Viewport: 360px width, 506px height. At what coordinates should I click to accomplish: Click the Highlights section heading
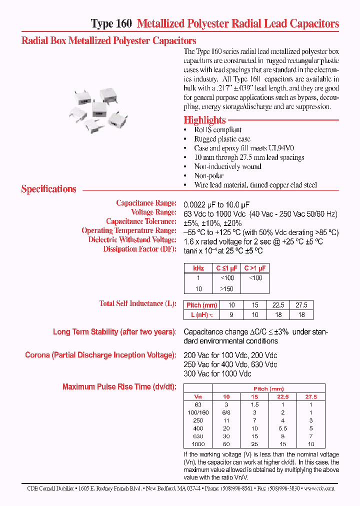click(204, 120)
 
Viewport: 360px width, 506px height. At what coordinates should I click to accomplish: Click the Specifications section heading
click(48, 189)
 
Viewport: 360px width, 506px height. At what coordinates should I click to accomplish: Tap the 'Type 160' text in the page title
click(111, 23)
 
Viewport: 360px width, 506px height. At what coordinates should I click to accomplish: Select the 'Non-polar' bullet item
click(208, 175)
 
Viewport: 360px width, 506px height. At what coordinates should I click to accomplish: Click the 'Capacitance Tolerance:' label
click(141, 221)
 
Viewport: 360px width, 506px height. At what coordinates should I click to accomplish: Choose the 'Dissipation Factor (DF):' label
click(139, 248)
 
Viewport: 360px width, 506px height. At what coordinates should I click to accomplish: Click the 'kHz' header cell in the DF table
click(198, 268)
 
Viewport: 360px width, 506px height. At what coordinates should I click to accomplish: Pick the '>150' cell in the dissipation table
click(227, 288)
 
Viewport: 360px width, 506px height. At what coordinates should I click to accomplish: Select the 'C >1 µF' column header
click(255, 268)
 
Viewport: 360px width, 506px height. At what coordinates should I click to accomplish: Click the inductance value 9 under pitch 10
click(231, 314)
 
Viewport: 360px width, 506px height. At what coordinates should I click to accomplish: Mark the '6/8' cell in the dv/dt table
click(226, 412)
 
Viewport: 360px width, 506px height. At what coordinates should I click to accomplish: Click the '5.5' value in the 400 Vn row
click(283, 428)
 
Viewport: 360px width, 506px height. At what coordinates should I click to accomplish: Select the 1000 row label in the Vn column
click(198, 444)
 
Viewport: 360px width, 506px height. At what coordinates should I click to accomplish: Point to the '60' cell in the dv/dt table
click(226, 444)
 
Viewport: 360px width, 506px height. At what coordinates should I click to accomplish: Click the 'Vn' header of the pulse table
click(198, 396)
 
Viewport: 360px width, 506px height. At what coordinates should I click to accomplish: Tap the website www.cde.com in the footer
click(318, 488)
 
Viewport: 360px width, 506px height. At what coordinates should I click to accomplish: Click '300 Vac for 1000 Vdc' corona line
click(217, 373)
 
